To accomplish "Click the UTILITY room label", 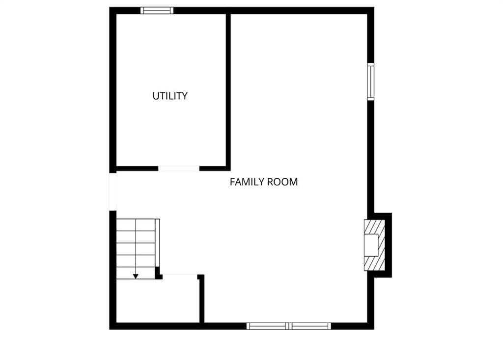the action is click(x=170, y=96).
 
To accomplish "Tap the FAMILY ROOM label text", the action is click(x=264, y=182).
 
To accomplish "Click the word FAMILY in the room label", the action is click(x=247, y=182).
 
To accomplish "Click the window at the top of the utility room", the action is click(x=157, y=11).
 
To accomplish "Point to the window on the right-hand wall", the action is click(x=370, y=82).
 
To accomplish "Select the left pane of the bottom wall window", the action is click(x=267, y=326).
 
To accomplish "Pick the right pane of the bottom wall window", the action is click(x=310, y=326).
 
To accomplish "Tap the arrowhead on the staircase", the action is click(x=136, y=276).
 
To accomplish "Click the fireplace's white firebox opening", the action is click(x=371, y=245).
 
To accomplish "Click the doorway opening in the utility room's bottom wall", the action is click(x=179, y=168).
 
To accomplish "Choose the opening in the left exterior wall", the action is click(x=112, y=192).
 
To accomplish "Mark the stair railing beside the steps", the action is click(x=158, y=243).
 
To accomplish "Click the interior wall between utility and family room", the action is click(x=228, y=90).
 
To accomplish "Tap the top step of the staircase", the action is click(x=136, y=225).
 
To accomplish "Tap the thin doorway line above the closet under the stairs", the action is click(x=180, y=275).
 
